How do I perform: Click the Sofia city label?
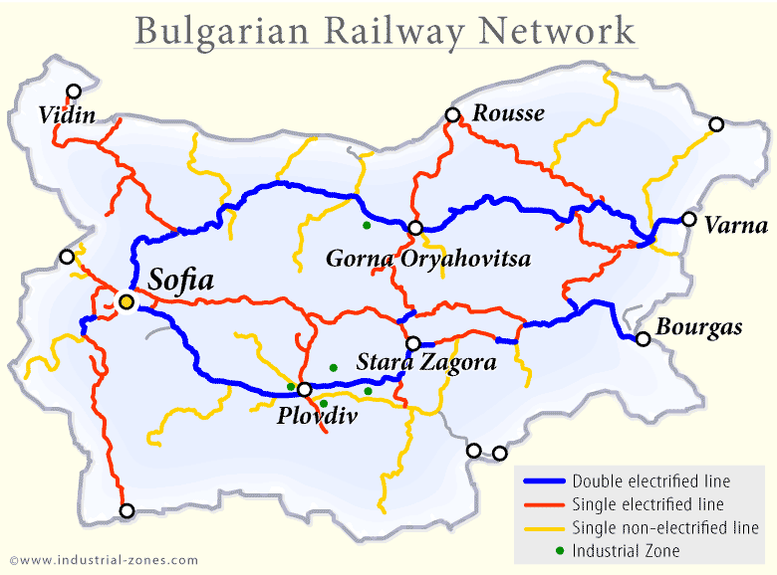coord(180,281)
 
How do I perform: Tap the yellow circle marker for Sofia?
coord(127,301)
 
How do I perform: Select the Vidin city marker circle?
coord(74,91)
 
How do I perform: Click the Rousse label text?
coord(508,113)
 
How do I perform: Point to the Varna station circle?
coord(688,220)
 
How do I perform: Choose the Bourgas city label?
coord(698,327)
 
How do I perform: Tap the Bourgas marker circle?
coord(644,339)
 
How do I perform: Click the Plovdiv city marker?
coord(305,389)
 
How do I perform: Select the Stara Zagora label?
coord(426,362)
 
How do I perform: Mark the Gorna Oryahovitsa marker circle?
coord(415,228)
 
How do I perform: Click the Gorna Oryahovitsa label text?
coord(428,260)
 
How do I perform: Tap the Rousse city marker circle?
coord(453,115)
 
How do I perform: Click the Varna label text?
coord(735,225)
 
